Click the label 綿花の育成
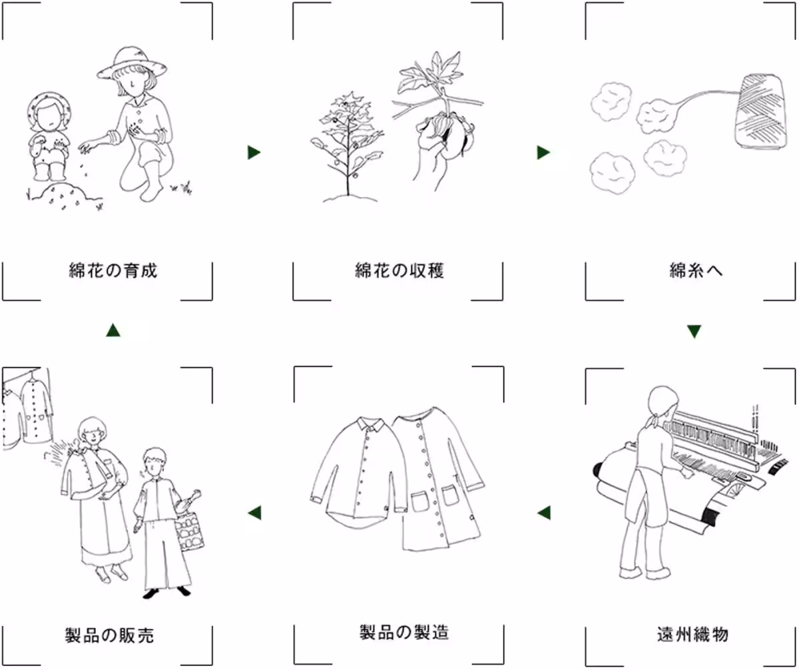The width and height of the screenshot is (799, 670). [x=113, y=271]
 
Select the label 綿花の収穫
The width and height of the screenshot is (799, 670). [x=399, y=271]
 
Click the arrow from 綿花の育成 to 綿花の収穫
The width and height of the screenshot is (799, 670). [x=254, y=153]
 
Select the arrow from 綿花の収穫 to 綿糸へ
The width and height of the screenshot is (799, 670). [x=543, y=153]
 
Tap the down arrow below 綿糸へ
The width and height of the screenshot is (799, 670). [x=694, y=331]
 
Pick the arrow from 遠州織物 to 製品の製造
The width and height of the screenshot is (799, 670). [x=544, y=512]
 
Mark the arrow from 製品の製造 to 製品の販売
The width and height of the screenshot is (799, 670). [x=254, y=512]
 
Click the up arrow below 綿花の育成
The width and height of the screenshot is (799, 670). [x=113, y=330]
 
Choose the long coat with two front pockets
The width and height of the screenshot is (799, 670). [x=436, y=480]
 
